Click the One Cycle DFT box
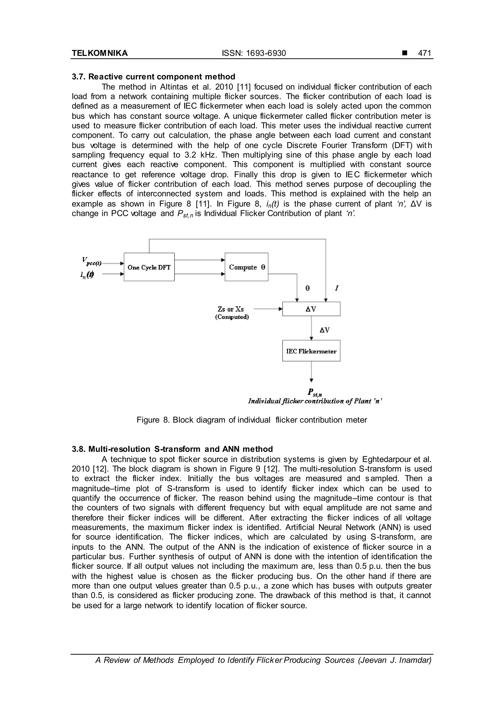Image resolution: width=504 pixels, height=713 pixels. click(149, 267)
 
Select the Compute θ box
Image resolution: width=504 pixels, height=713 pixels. click(246, 267)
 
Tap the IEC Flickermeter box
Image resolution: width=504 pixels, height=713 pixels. click(311, 351)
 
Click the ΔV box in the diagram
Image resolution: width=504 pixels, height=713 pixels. click(311, 309)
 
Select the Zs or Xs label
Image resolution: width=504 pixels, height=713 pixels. click(231, 309)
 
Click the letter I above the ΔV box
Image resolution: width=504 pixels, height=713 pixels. click(336, 288)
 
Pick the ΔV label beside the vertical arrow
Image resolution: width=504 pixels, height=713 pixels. click(325, 330)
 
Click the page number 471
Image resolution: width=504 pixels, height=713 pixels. click(424, 53)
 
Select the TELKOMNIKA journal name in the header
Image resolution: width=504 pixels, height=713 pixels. click(100, 53)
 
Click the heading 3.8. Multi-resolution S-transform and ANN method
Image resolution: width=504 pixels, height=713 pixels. click(172, 449)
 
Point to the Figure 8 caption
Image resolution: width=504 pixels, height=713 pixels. click(252, 420)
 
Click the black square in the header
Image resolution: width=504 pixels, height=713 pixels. click(404, 53)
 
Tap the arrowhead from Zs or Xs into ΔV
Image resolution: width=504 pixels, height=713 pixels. click(281, 309)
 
